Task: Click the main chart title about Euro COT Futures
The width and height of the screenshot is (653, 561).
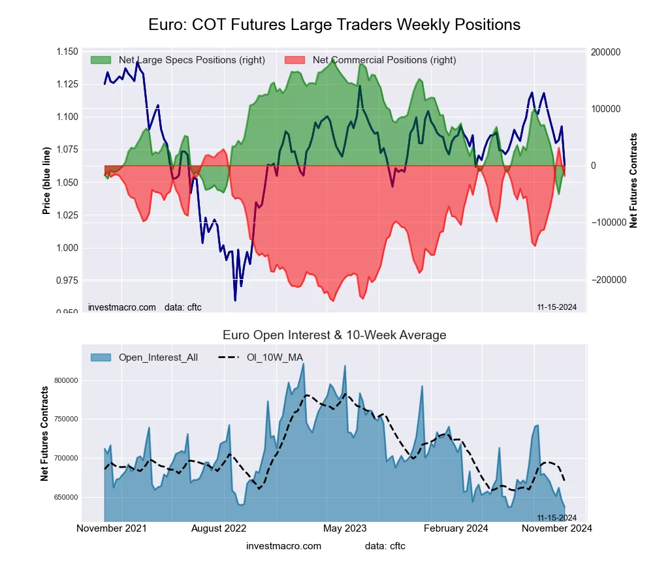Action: [x=334, y=25]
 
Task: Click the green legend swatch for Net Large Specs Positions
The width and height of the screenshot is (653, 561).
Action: [x=101, y=60]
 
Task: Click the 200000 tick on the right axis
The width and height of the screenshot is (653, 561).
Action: [x=605, y=52]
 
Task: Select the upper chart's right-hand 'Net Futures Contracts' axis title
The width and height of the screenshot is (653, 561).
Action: [x=633, y=181]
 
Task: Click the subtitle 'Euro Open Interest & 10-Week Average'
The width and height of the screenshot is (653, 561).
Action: [x=334, y=335]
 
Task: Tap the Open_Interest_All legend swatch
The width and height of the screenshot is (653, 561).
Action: [x=101, y=357]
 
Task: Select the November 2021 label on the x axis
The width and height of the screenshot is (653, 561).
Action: [x=112, y=528]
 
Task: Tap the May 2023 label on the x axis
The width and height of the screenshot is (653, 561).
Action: [x=345, y=528]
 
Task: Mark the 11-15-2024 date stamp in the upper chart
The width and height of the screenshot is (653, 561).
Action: [x=556, y=307]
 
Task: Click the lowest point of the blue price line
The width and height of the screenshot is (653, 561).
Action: [x=235, y=300]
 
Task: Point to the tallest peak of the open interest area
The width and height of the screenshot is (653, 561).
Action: [x=304, y=364]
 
